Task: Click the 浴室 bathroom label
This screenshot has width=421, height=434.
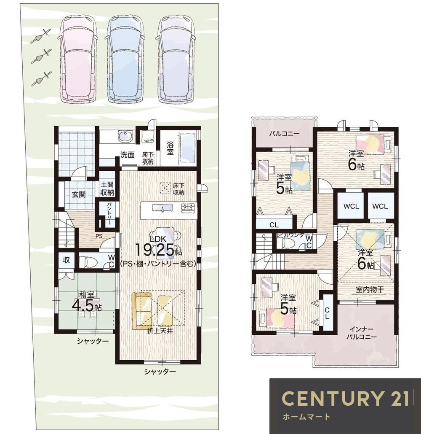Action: click(x=170, y=148)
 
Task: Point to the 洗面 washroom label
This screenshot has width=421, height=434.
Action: click(x=127, y=155)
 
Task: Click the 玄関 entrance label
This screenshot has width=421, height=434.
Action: click(x=78, y=194)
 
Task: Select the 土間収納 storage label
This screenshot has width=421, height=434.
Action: click(x=107, y=189)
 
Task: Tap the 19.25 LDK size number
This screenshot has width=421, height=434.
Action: click(x=155, y=250)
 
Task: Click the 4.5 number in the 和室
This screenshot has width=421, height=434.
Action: click(x=82, y=306)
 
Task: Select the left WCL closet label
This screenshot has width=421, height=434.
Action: click(x=351, y=206)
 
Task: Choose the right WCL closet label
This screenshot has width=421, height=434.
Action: click(x=380, y=206)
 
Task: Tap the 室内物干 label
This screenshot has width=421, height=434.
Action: click(x=370, y=290)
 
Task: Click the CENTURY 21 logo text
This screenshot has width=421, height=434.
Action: click(x=345, y=398)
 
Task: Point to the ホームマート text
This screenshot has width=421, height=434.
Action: click(x=306, y=416)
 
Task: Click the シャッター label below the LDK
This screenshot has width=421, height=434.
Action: click(x=160, y=372)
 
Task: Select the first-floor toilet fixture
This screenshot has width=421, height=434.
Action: click(x=88, y=262)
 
